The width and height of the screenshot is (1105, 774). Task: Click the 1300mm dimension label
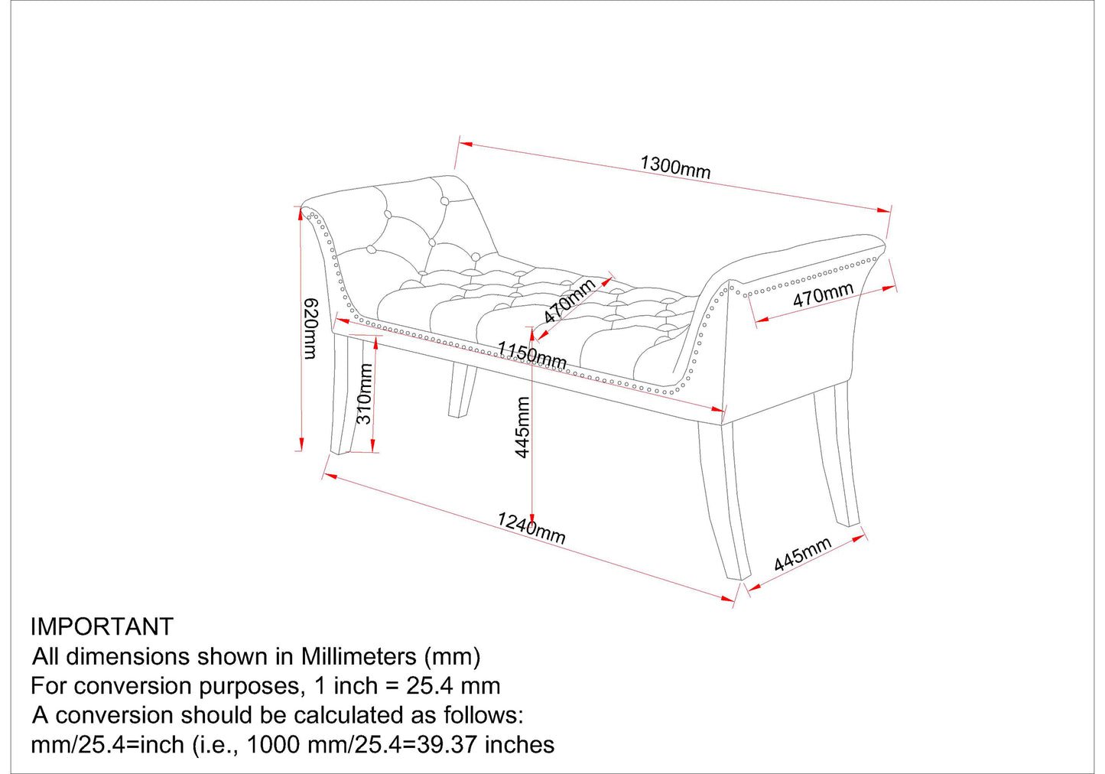(675, 167)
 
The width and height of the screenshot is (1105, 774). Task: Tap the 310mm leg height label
(364, 394)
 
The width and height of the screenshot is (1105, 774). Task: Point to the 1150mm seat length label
(531, 355)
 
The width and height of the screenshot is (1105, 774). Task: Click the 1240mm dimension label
(531, 528)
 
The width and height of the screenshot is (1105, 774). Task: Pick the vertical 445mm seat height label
(522, 428)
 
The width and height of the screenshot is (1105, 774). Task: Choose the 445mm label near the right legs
(803, 554)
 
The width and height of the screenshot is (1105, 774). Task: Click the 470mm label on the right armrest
(823, 295)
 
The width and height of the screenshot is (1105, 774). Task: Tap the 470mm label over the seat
(570, 301)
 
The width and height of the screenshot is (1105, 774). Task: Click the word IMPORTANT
(102, 626)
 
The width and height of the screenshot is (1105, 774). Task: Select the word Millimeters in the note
(359, 656)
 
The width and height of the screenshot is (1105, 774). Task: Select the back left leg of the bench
(462, 390)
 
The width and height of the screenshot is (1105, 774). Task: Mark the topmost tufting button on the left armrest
(444, 201)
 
